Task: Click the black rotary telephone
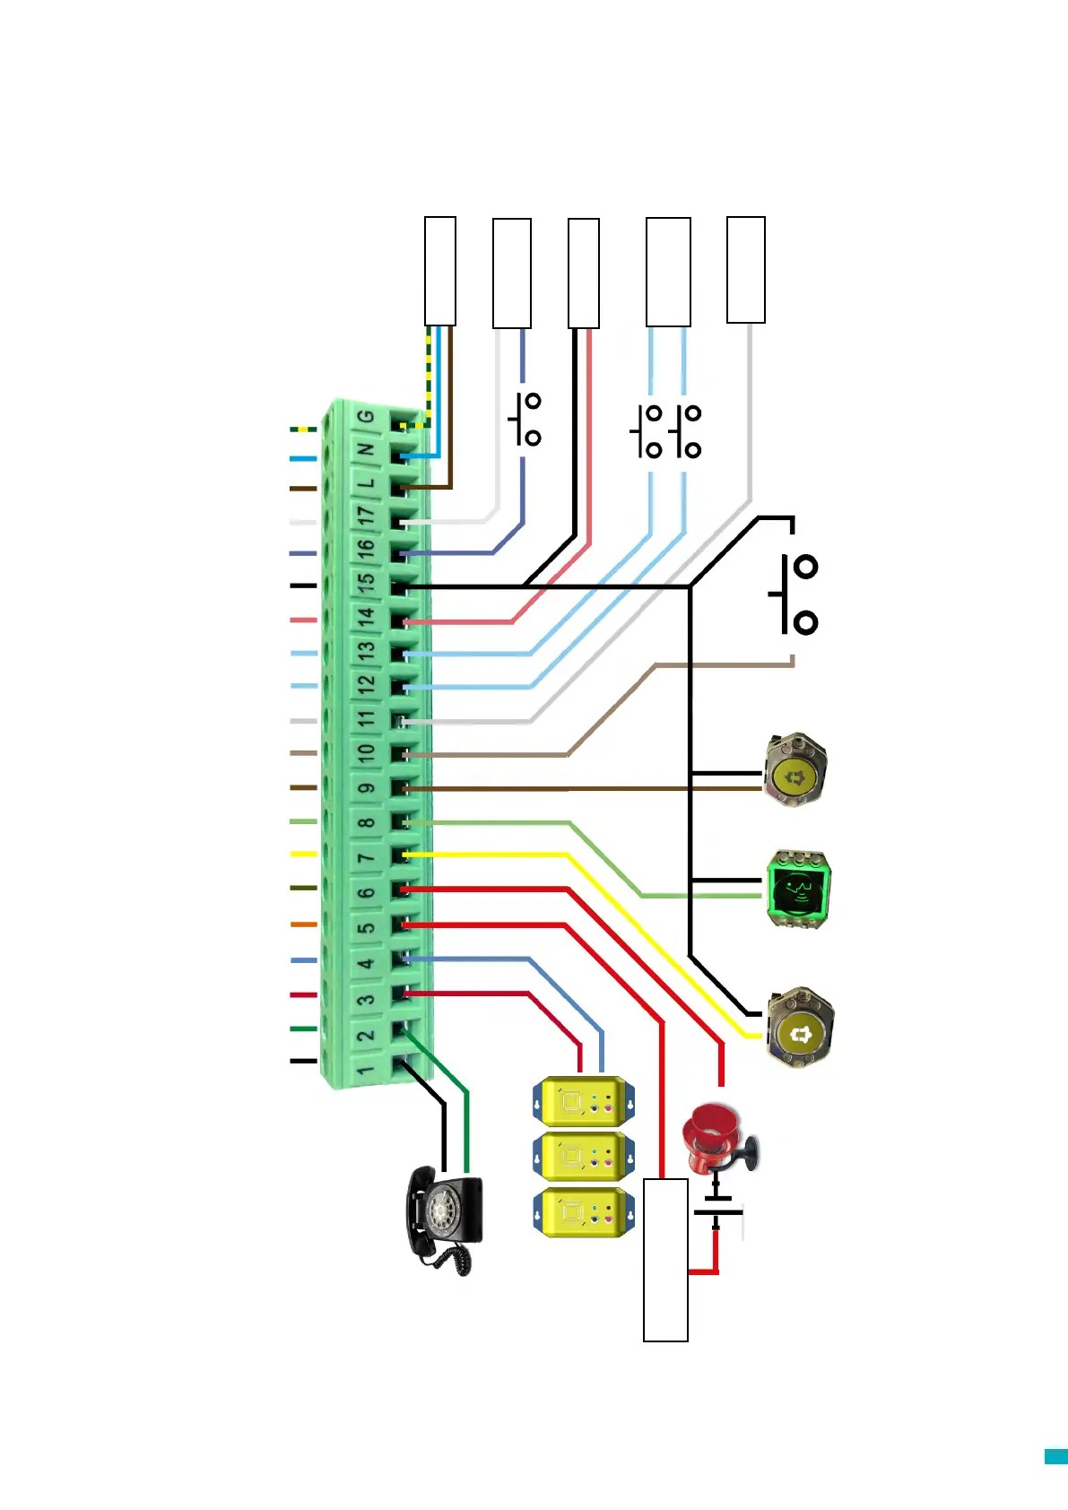tap(444, 1220)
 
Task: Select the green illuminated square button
tap(799, 890)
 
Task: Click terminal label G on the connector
tap(366, 416)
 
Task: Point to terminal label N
tap(365, 449)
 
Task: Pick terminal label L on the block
tap(366, 483)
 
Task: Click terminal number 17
tap(366, 516)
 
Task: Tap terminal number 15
tap(366, 582)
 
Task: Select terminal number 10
tap(366, 752)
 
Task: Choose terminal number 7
tap(366, 857)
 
